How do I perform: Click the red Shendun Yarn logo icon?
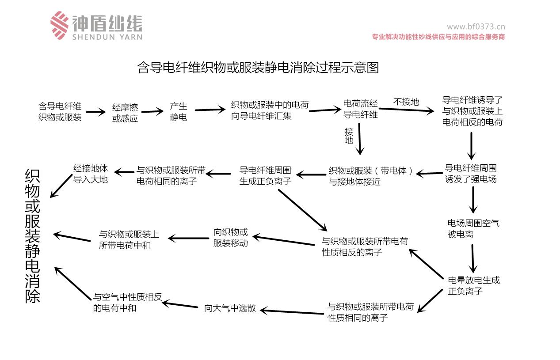click(x=59, y=25)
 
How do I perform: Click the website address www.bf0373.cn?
click(x=476, y=27)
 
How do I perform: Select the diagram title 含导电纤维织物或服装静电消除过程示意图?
click(x=259, y=68)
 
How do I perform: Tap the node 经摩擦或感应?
click(x=125, y=113)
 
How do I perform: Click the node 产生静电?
click(x=179, y=112)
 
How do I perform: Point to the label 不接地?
click(x=406, y=102)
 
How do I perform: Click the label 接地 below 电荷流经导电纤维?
click(x=349, y=136)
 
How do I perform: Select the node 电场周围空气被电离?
click(x=473, y=229)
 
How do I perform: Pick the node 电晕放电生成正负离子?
click(x=474, y=285)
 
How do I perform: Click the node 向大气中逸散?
click(x=230, y=308)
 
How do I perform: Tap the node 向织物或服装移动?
click(x=231, y=238)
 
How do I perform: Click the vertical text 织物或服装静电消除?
click(x=33, y=236)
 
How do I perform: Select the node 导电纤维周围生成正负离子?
click(x=265, y=175)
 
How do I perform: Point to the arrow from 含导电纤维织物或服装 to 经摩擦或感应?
click(x=96, y=112)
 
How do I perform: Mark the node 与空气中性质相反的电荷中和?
click(x=128, y=303)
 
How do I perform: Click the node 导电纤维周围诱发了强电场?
click(x=471, y=174)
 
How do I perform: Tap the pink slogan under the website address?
click(x=438, y=37)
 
